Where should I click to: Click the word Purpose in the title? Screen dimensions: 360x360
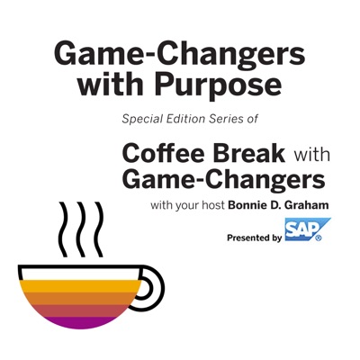[218, 86]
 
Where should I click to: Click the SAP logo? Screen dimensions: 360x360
[307, 229]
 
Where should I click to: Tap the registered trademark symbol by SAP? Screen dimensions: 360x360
[319, 238]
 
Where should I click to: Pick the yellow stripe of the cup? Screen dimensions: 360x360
[80, 286]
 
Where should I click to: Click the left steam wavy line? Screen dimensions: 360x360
[63, 229]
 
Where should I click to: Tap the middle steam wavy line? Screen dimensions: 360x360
[81, 229]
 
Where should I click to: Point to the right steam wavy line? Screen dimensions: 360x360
[99, 229]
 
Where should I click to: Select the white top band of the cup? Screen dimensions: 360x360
[80, 274]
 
